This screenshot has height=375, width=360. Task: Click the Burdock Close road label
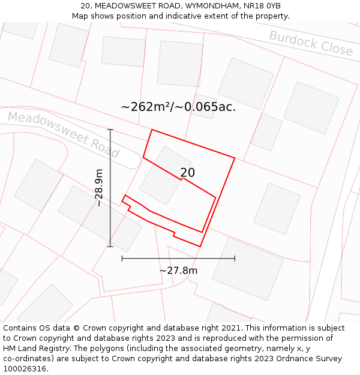coord(311,43)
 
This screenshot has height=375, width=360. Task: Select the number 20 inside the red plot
coord(187,173)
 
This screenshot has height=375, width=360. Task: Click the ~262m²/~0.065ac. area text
coord(178,107)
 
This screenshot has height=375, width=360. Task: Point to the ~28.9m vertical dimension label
coord(99,188)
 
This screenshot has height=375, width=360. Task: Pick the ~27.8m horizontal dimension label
coord(178,271)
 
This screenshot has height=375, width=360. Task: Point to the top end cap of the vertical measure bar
coord(110,129)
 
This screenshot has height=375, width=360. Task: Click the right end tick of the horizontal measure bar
coord(235,259)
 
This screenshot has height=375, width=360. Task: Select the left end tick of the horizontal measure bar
coord(122,259)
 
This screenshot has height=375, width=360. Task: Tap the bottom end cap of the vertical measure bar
coord(110,246)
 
